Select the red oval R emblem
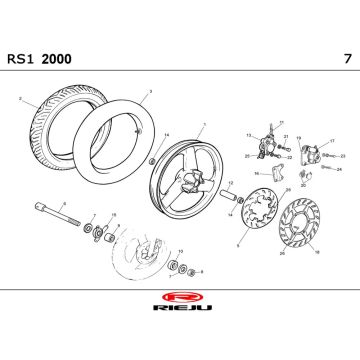point(181,299)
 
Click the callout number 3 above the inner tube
point(149,91)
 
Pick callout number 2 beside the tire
point(20,98)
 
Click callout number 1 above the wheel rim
point(202,125)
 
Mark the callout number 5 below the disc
point(238,244)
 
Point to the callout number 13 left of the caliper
point(248,135)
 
